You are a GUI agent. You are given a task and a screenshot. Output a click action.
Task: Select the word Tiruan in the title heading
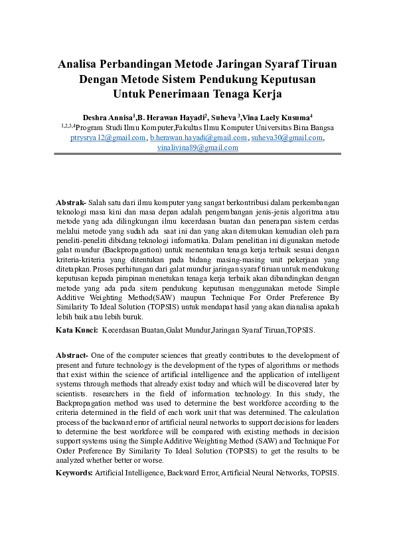coord(317,64)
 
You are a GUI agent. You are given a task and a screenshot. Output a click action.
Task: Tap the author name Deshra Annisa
coord(107,116)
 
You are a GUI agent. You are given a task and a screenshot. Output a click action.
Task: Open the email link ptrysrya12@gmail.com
coord(108,137)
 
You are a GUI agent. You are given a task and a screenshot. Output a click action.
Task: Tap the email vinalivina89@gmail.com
coord(197,147)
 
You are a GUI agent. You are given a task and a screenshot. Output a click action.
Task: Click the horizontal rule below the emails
coord(197,155)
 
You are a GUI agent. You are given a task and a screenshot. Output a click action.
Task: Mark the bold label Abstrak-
coord(71,201)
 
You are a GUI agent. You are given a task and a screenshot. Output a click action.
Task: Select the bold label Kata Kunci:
coord(77,329)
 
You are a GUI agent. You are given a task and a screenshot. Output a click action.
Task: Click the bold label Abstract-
coord(72,356)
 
